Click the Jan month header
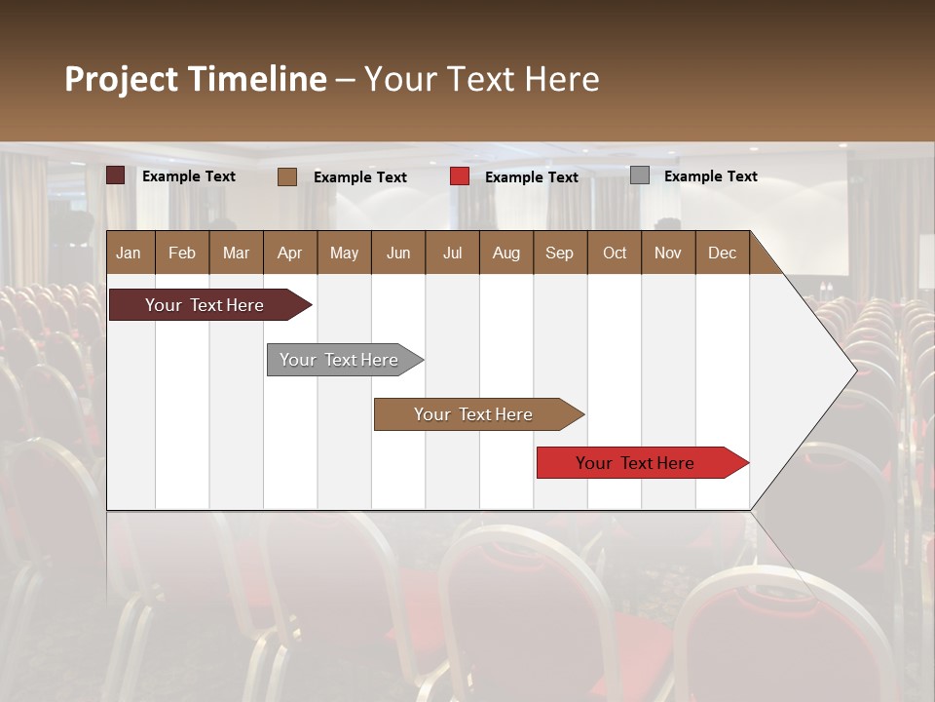point(130,253)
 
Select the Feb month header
point(182,253)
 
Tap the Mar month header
point(236,253)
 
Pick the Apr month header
point(290,253)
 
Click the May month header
point(344,253)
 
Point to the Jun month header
point(398,253)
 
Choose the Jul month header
point(452,253)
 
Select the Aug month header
point(506,253)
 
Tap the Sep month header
point(560,253)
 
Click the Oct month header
point(615,253)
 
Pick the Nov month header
point(668,253)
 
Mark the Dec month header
point(723,253)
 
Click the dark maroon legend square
point(116,175)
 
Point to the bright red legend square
point(460,176)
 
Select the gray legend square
point(640,175)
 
